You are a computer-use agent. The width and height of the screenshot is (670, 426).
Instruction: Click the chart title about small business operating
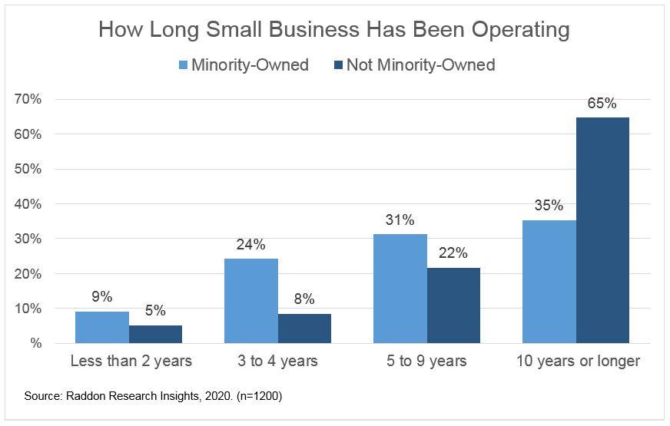334,30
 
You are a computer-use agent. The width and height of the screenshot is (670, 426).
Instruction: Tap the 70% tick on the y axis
30,99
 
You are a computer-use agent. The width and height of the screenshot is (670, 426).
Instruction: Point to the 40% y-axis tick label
30,204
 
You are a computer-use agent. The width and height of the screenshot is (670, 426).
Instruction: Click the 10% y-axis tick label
30,309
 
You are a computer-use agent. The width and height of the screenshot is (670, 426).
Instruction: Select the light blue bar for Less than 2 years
102,327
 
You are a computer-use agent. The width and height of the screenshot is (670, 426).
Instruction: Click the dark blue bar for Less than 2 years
156,334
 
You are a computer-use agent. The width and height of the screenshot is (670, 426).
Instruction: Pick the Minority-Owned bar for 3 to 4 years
251,301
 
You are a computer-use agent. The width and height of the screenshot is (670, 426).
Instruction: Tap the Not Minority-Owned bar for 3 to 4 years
304,329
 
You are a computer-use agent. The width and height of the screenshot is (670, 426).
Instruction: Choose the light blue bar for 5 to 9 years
400,289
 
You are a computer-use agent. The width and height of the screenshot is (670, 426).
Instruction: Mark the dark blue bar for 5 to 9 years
453,305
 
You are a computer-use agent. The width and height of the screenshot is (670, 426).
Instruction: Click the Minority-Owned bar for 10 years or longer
549,282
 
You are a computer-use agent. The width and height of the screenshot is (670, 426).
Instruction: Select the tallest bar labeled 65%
602,230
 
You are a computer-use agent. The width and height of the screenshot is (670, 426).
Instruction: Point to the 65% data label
602,104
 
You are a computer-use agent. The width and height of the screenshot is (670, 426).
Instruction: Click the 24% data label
251,245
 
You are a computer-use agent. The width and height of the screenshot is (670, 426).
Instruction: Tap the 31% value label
400,220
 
